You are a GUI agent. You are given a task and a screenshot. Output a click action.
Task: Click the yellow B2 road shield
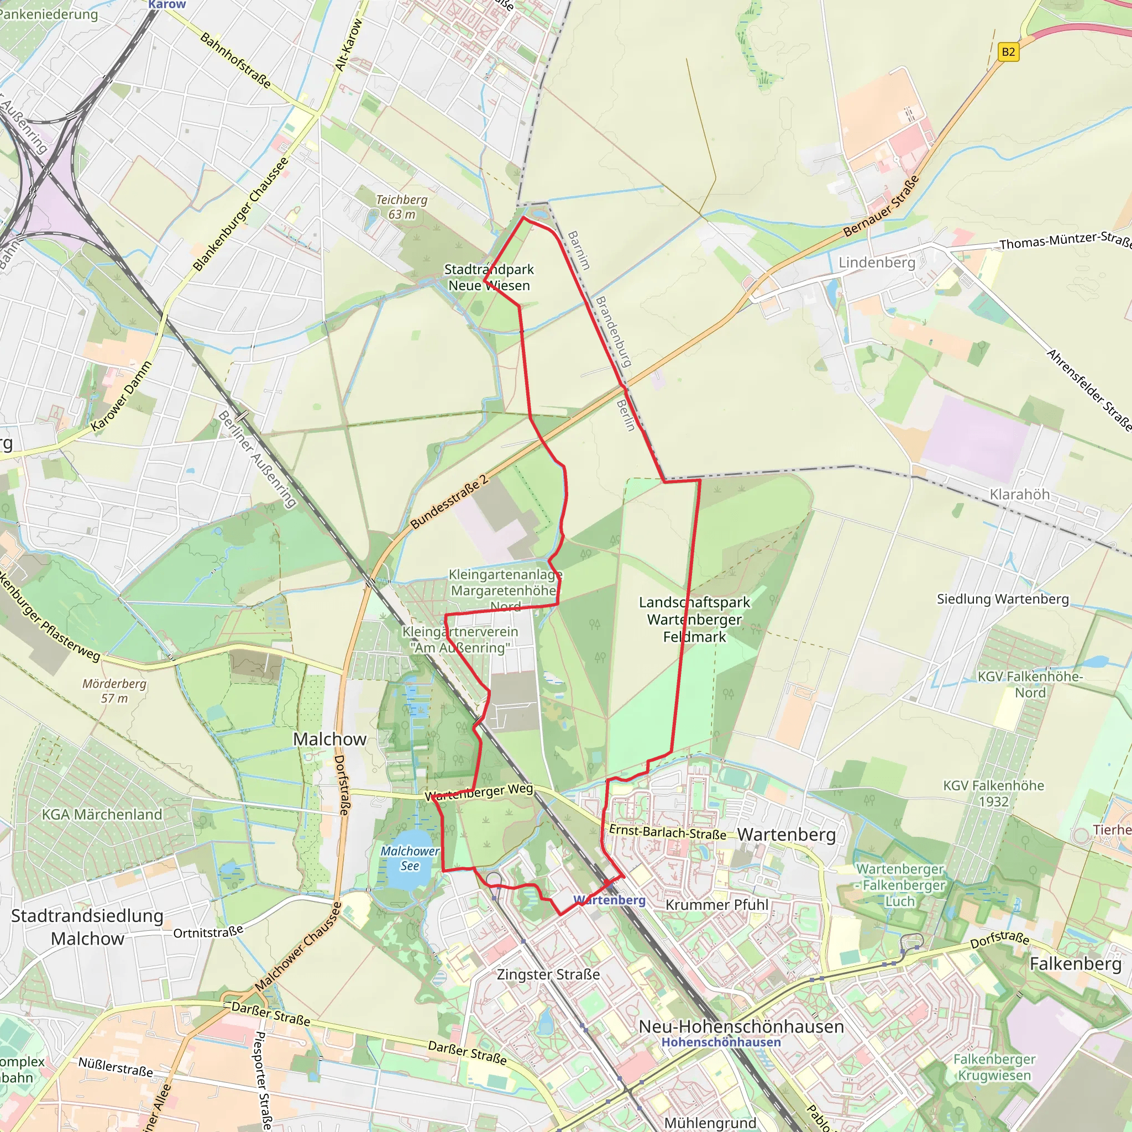[x=1008, y=52]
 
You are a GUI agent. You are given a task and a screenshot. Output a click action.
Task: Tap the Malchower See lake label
[x=410, y=858]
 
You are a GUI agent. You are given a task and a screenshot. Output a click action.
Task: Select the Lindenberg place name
[x=877, y=263]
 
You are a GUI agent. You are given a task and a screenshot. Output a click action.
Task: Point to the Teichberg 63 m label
[x=401, y=207]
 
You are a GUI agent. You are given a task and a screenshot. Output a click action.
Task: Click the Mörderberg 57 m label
[x=114, y=691]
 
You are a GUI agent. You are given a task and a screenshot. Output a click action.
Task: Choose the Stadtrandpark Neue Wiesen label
[x=489, y=277]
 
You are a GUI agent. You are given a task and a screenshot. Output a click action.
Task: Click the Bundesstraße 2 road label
[x=449, y=502]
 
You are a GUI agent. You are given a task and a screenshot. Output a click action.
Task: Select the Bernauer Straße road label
[x=881, y=207]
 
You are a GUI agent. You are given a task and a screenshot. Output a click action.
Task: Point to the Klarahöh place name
[x=1019, y=495]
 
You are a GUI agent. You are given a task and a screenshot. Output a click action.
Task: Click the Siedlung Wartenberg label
[x=1003, y=599]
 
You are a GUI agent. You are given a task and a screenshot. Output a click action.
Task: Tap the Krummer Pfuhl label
[x=716, y=905]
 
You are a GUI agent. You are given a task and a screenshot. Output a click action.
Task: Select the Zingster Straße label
[x=548, y=974]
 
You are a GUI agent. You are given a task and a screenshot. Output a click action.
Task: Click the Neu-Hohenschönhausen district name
[x=741, y=1026]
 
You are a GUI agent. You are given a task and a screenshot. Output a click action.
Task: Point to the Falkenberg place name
[x=1075, y=963]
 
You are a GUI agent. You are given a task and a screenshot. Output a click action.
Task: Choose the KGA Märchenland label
[x=102, y=814]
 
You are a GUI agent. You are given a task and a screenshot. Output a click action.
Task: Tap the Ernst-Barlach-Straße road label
[x=667, y=832]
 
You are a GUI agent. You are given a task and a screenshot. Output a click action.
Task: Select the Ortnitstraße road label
[x=208, y=931]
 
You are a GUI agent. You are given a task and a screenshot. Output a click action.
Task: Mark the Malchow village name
[x=330, y=740]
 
